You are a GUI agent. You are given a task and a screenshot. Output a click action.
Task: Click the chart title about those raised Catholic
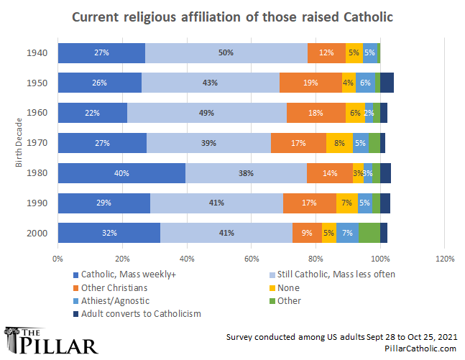point(232,17)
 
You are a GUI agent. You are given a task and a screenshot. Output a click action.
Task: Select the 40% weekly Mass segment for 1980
point(121,173)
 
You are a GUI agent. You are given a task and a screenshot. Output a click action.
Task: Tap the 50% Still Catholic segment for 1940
point(226,52)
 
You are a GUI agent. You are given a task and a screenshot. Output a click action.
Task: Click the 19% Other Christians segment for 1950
point(310,83)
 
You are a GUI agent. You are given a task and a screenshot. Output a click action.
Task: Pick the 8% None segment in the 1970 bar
point(339,143)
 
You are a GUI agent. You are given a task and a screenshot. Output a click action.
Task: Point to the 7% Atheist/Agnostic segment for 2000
point(347,233)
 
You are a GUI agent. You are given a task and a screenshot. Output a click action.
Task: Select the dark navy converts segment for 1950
point(387,83)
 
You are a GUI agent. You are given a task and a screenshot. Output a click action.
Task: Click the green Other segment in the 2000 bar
point(369,233)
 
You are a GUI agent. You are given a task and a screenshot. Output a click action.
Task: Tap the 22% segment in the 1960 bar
point(92,113)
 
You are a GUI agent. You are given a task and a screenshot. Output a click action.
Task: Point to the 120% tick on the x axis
point(444,259)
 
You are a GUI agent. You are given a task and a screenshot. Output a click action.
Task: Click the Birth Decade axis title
point(19,143)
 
